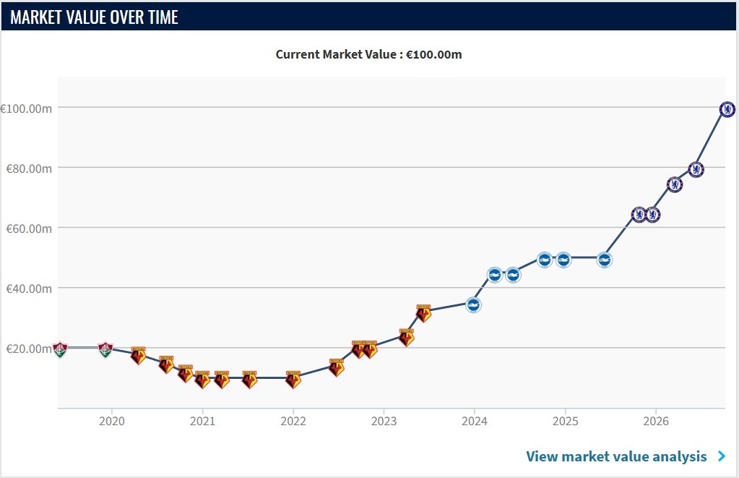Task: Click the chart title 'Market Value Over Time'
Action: tap(94, 17)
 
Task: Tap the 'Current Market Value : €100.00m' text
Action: tap(368, 54)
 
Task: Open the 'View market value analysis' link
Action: tap(616, 456)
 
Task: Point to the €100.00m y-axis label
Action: tap(27, 108)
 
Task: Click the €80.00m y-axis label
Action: tap(29, 168)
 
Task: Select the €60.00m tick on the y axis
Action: tap(29, 229)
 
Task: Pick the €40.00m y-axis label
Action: tap(29, 289)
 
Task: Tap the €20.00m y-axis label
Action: tap(29, 349)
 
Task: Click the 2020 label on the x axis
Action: tap(112, 421)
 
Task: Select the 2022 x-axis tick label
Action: tap(293, 421)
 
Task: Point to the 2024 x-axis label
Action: tap(475, 421)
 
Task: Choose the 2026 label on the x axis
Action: tap(656, 421)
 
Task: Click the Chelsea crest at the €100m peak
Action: tap(727, 109)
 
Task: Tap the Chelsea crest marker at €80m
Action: tap(696, 169)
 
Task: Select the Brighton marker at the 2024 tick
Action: tap(473, 305)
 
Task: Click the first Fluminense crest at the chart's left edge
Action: tap(60, 350)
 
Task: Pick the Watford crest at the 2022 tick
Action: tap(293, 380)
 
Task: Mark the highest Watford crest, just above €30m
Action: tap(423, 313)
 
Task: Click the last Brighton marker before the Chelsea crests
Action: tap(604, 260)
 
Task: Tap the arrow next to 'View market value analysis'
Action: tap(722, 456)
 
